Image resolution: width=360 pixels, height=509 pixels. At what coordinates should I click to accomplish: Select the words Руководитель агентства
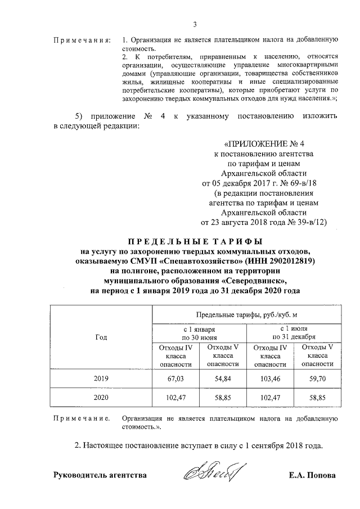pyautogui.click(x=100, y=475)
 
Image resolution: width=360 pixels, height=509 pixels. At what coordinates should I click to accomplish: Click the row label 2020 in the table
pyautogui.click(x=101, y=397)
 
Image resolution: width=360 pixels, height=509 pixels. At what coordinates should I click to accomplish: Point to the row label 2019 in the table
pyautogui.click(x=101, y=379)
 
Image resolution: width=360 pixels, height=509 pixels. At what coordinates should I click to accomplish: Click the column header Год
pyautogui.click(x=101, y=337)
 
